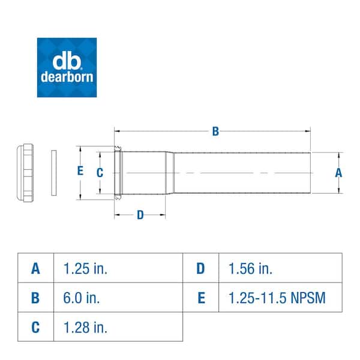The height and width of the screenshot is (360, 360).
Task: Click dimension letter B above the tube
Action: pyautogui.click(x=215, y=132)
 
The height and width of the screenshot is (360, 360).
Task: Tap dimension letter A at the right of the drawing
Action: pyautogui.click(x=338, y=172)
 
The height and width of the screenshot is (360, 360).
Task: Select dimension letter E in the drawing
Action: pyautogui.click(x=80, y=171)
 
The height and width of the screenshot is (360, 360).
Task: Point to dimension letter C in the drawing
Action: pyautogui.click(x=100, y=172)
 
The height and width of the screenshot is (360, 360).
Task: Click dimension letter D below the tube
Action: pyautogui.click(x=140, y=215)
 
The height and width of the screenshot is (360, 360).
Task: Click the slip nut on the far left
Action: pyautogui.click(x=28, y=172)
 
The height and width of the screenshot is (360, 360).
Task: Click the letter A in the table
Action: pyautogui.click(x=36, y=268)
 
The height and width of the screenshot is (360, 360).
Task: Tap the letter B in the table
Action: pyautogui.click(x=36, y=298)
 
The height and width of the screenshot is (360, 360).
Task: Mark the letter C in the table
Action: pyautogui.click(x=36, y=327)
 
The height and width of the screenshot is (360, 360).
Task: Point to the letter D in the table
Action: pyautogui.click(x=200, y=268)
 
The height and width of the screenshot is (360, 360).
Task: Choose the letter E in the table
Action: pyautogui.click(x=200, y=298)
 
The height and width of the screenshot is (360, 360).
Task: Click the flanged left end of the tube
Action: pyautogui.click(x=119, y=172)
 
